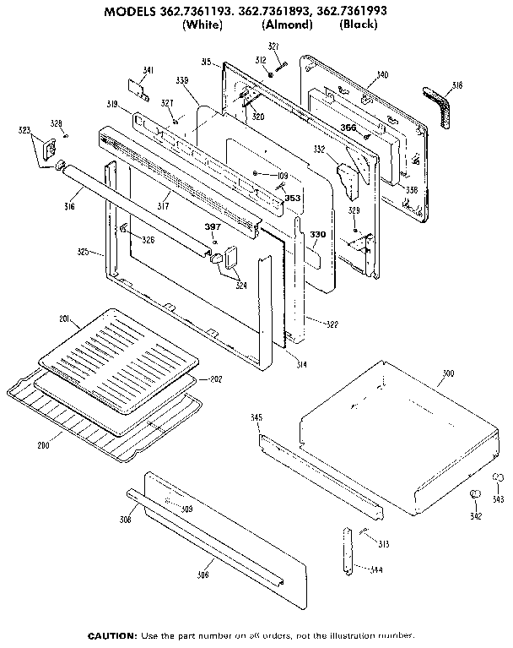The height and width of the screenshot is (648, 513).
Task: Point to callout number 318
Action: (x=457, y=85)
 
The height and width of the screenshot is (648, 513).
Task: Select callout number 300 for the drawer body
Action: (x=448, y=373)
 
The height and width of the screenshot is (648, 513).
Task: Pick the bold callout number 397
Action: (x=213, y=226)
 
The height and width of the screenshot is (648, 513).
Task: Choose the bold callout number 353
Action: (x=293, y=199)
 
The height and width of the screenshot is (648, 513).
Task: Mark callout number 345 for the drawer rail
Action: (x=257, y=417)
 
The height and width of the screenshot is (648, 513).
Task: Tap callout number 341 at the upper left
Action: (x=148, y=69)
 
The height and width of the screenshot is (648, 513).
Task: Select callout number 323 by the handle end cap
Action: (x=24, y=131)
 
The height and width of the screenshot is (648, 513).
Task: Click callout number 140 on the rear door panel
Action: (x=382, y=75)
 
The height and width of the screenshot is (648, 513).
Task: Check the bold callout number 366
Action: (x=348, y=127)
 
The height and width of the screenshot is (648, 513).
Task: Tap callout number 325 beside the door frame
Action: (x=83, y=252)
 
